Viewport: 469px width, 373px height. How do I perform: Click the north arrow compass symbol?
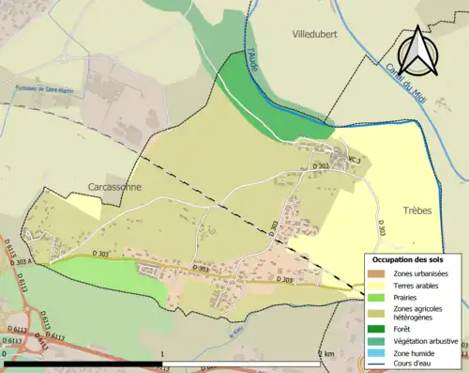[420, 50]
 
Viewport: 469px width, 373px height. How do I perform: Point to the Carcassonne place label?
[113, 187]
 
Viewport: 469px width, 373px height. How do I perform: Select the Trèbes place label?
[417, 210]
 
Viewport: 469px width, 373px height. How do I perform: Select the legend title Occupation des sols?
[408, 258]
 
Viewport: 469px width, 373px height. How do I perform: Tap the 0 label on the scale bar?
[6, 354]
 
